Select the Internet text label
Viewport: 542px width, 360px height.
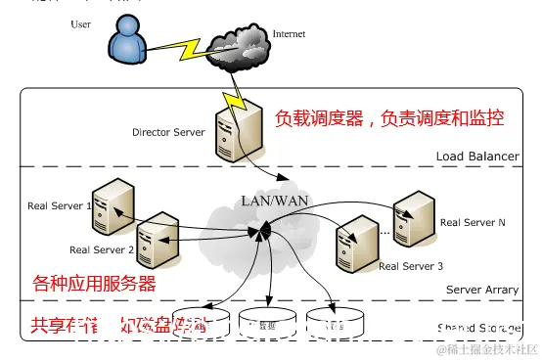coord(289,33)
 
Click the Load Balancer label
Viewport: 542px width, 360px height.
coord(476,157)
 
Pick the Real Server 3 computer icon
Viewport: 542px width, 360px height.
coord(353,247)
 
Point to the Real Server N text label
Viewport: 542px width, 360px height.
coord(473,222)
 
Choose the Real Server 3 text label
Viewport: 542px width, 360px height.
coord(411,266)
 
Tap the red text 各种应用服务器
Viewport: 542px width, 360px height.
coord(94,284)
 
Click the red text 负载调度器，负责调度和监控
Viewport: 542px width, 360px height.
coord(389,118)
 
